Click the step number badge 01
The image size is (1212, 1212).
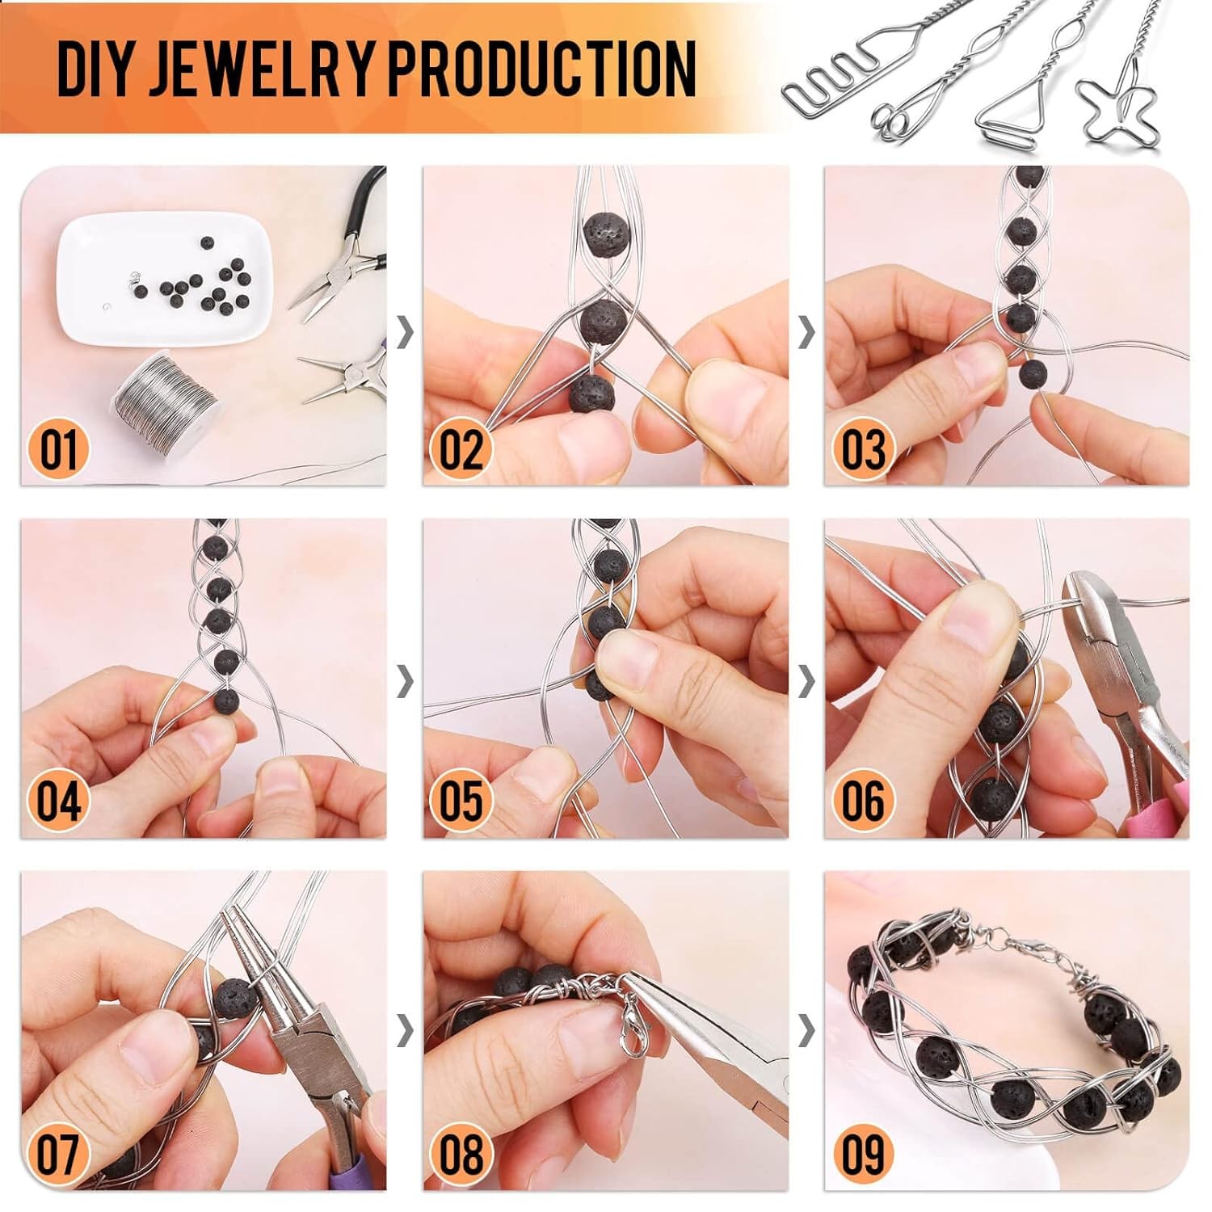pyautogui.click(x=58, y=449)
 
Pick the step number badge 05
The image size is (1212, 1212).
pyautogui.click(x=461, y=801)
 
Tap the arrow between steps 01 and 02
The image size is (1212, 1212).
pyautogui.click(x=405, y=331)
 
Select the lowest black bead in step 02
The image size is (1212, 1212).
pyautogui.click(x=591, y=393)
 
